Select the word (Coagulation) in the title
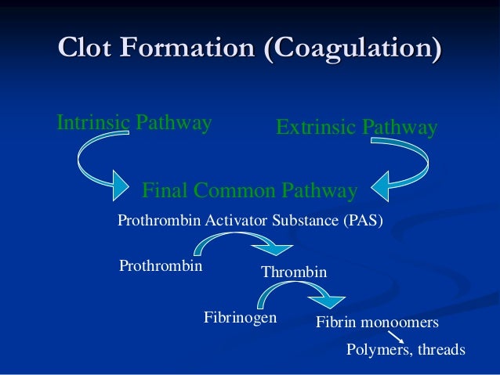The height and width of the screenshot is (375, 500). click(352, 48)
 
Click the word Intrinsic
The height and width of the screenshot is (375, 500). click(91, 123)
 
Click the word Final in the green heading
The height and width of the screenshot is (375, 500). click(165, 191)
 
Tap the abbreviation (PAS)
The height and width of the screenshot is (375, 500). click(364, 221)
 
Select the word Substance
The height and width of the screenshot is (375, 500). click(303, 221)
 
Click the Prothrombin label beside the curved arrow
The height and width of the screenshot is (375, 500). click(161, 266)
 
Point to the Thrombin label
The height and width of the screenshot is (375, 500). click(293, 272)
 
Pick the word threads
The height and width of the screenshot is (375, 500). click(442, 349)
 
